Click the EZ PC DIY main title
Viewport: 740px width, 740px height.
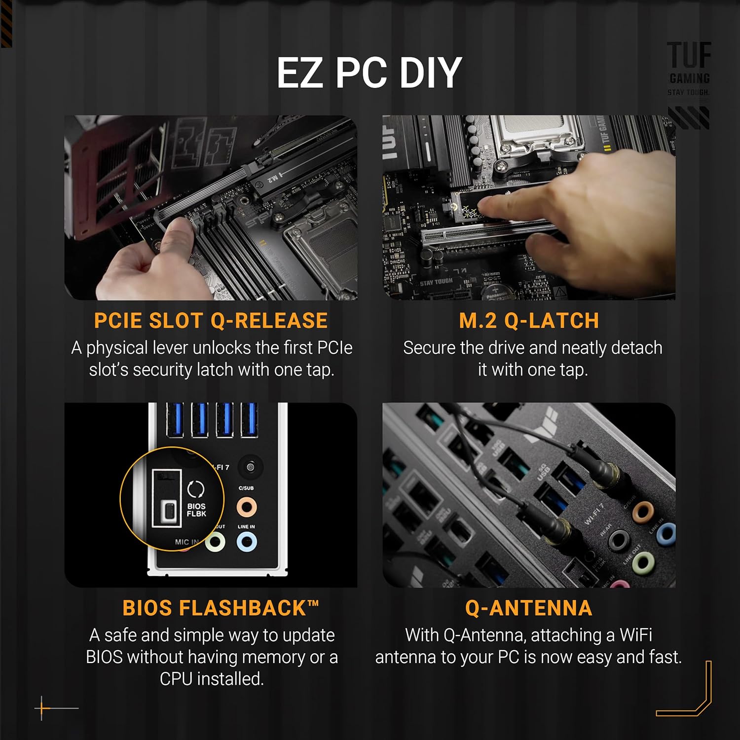[x=369, y=73]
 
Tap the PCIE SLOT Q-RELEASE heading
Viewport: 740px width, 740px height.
[x=211, y=321]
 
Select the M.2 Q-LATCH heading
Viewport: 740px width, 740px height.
[x=529, y=321]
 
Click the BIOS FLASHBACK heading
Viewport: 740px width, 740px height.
[x=221, y=608]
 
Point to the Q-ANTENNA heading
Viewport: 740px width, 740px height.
[x=528, y=608]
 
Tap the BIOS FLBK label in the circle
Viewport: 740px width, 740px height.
[x=196, y=510]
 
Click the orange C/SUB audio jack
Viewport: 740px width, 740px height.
[x=246, y=507]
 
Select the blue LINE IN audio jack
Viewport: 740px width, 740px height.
[x=246, y=543]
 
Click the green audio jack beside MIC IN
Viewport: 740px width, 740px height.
[x=215, y=543]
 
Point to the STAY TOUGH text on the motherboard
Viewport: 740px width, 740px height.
[x=436, y=282]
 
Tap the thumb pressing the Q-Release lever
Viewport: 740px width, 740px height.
[x=178, y=237]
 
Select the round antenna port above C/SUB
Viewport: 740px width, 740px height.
[x=250, y=467]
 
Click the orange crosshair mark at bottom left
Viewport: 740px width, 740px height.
[x=42, y=708]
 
